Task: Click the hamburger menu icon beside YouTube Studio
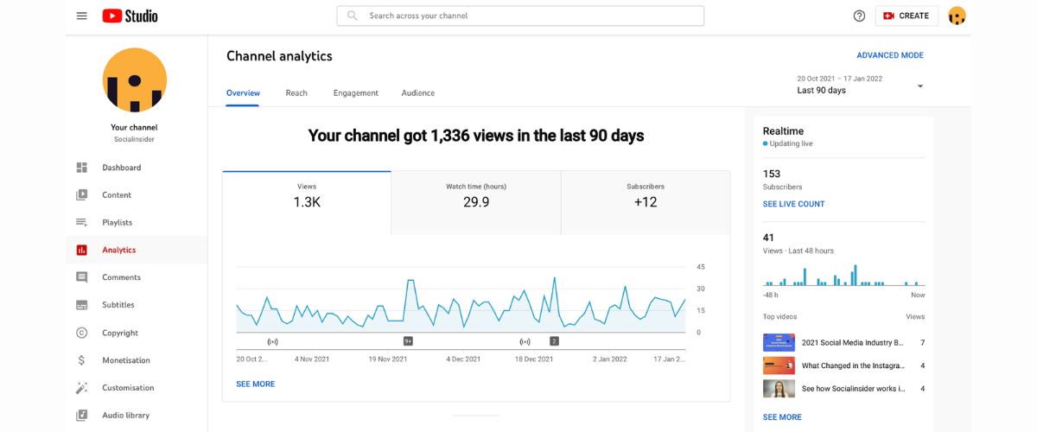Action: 81,16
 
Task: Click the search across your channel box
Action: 520,16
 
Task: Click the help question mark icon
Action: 859,16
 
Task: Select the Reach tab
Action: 296,93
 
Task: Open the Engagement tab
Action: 356,93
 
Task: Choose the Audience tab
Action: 418,93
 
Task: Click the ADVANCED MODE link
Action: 890,55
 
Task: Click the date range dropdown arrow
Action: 920,86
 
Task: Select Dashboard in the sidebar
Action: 121,168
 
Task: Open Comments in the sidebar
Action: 121,277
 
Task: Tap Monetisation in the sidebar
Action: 125,360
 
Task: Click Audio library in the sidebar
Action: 125,416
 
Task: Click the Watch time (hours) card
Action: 476,202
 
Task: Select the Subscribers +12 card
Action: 646,202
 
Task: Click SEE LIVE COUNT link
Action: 793,204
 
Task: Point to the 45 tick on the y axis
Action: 701,267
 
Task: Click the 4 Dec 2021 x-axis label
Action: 463,359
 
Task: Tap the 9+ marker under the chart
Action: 408,341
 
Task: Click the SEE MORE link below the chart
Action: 256,384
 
